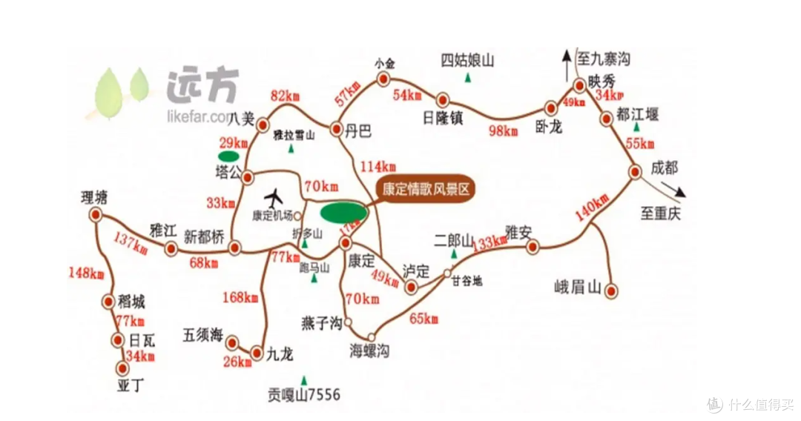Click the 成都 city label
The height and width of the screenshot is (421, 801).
point(665,168)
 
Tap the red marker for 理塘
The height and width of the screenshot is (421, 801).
point(95,215)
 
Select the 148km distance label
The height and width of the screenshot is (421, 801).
point(86,273)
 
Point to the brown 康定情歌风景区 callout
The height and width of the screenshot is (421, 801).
point(424,189)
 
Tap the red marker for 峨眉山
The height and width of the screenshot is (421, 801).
point(611,291)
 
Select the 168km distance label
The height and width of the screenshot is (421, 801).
point(241,298)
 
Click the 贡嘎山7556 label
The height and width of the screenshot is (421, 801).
point(305,395)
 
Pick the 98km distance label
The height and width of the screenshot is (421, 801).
point(504,130)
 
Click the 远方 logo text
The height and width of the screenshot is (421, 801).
point(202,87)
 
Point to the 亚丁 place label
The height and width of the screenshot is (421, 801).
point(129,385)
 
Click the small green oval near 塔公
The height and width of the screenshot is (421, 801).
point(228,156)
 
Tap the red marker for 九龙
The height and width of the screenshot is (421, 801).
point(257,353)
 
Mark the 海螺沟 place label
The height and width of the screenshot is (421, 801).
point(369,351)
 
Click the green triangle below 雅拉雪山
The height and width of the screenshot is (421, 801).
point(291,149)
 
